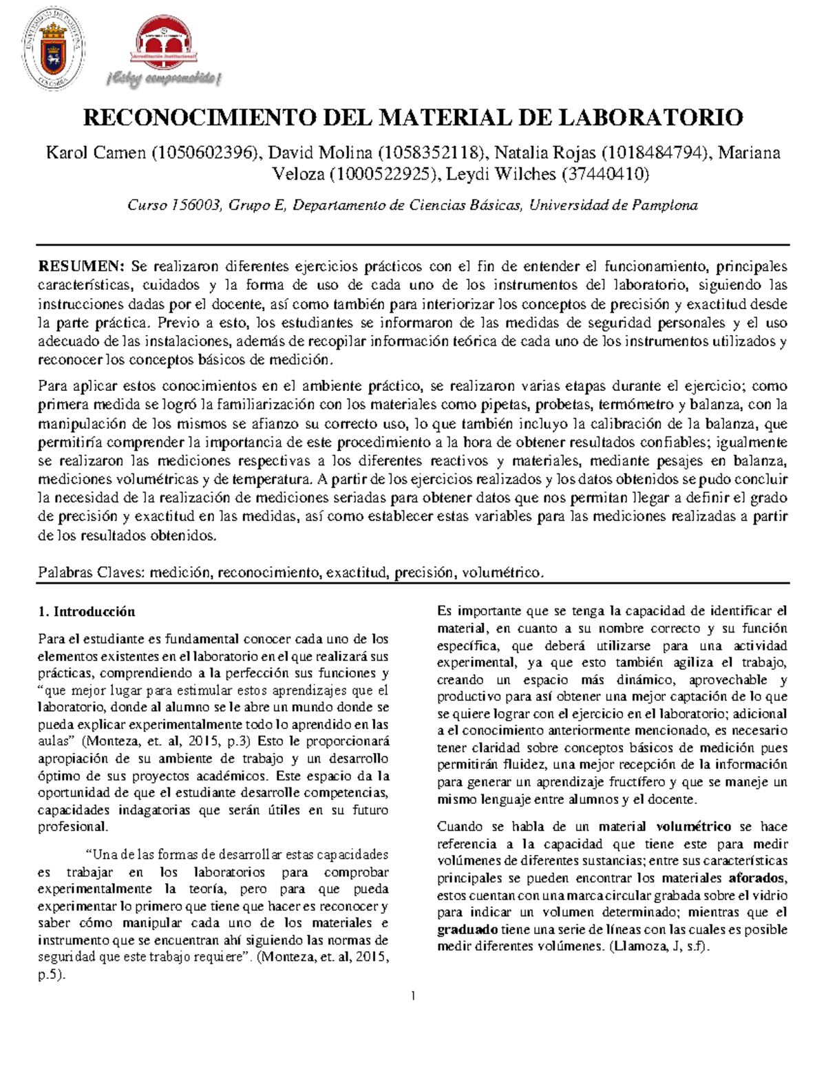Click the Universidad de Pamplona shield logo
coord(53,53)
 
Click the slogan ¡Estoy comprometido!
coord(164,80)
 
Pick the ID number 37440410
coord(605,174)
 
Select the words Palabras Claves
coord(90,571)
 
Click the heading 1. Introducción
coord(87,611)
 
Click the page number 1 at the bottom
coord(413,996)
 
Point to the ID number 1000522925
coord(383,174)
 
